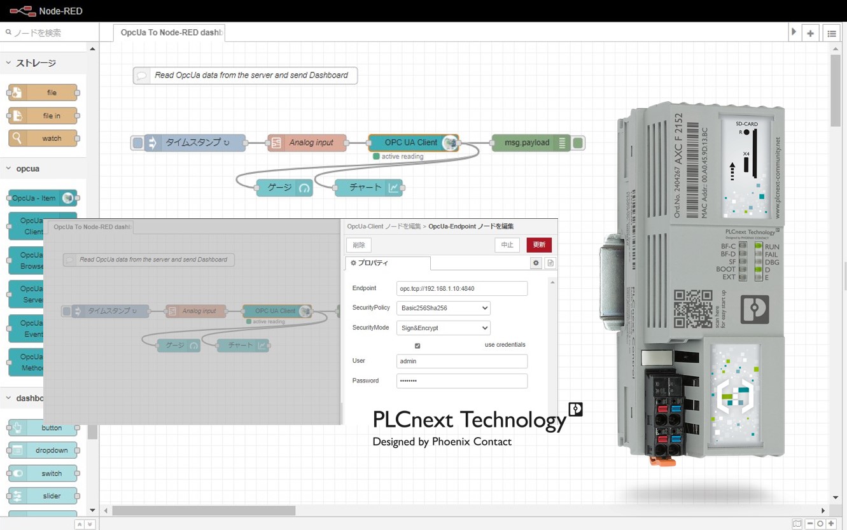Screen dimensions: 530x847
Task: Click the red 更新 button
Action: coord(538,245)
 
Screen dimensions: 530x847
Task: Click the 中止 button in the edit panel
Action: coord(507,245)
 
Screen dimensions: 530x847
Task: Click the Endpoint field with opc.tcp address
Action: coord(461,289)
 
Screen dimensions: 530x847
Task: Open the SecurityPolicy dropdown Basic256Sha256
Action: coord(443,308)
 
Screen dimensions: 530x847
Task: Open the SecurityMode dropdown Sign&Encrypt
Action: coord(443,328)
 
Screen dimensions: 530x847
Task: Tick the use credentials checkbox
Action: coord(417,345)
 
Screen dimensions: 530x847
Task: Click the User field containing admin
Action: coord(461,361)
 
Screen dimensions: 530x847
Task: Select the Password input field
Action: coord(461,381)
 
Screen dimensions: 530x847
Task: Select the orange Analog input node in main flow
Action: coord(307,143)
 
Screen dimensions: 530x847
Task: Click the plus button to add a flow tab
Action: coord(810,33)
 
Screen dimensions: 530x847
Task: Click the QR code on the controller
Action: coord(693,309)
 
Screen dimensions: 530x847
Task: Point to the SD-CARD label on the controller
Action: coord(746,123)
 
